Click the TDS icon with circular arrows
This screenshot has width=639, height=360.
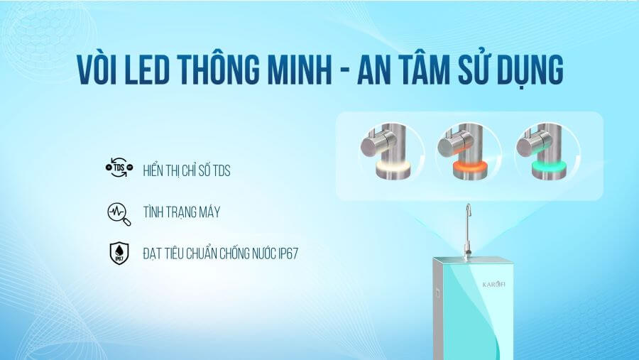(119, 168)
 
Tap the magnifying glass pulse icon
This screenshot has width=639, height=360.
(119, 214)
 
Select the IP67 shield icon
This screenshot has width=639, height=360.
(119, 253)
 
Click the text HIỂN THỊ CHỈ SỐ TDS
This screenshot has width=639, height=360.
(187, 170)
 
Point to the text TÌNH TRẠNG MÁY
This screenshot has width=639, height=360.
(181, 212)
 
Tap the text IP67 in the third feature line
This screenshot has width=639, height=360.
(288, 253)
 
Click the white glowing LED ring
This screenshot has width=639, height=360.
(393, 166)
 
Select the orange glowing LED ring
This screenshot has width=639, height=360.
(471, 166)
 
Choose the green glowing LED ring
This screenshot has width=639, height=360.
(549, 166)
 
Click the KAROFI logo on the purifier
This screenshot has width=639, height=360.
(493, 284)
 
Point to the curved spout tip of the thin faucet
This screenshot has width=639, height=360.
(468, 208)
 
